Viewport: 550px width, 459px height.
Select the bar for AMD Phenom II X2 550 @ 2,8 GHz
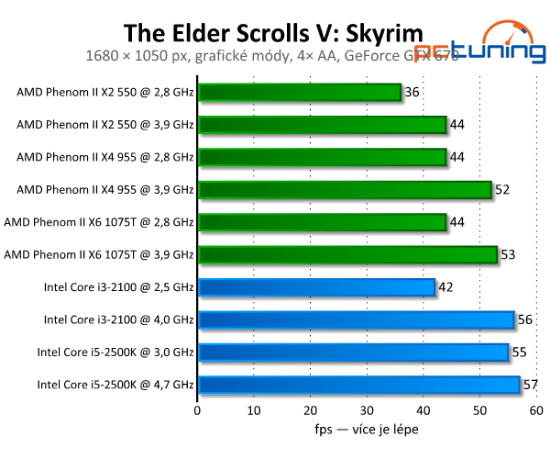click(x=300, y=93)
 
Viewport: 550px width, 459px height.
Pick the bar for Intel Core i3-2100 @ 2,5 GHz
click(x=316, y=287)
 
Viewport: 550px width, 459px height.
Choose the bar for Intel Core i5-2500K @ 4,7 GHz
click(x=358, y=385)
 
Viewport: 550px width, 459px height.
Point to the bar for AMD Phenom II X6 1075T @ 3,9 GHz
click(x=347, y=254)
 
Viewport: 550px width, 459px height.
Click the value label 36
click(x=412, y=93)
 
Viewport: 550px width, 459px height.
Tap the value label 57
click(x=530, y=385)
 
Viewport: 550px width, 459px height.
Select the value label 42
click(x=445, y=287)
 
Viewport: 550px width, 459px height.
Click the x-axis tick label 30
click(x=368, y=409)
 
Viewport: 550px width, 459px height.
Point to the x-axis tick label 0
click(x=198, y=409)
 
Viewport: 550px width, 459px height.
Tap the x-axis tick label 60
click(x=536, y=409)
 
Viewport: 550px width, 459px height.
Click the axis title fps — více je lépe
click(x=367, y=429)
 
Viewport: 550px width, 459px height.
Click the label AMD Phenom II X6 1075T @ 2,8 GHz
click(x=99, y=222)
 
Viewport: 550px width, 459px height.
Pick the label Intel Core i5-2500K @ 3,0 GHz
click(x=115, y=352)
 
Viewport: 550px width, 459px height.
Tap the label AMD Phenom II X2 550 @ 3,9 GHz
click(x=105, y=125)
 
